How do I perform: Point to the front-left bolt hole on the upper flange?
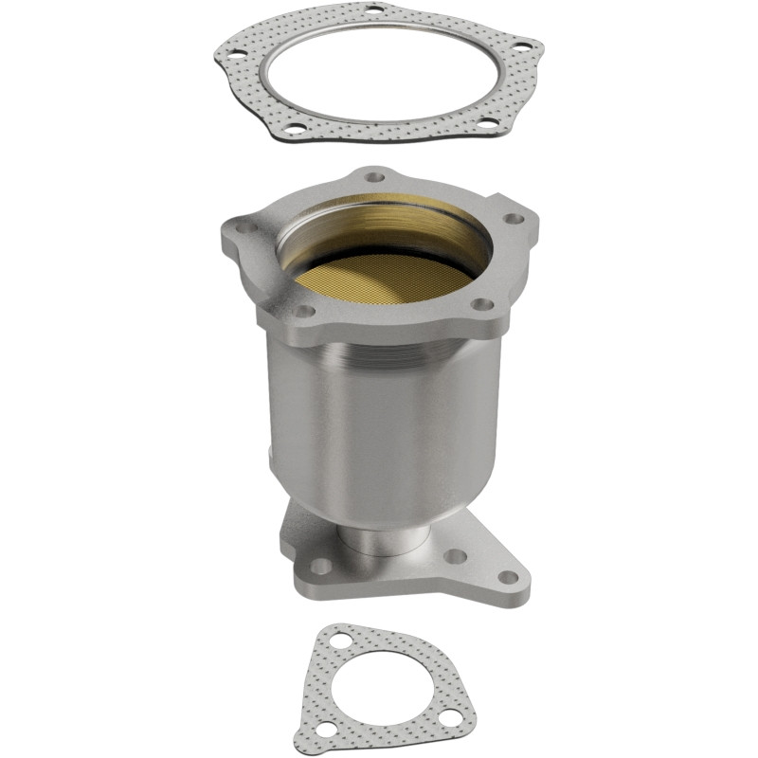tap(301, 310)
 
